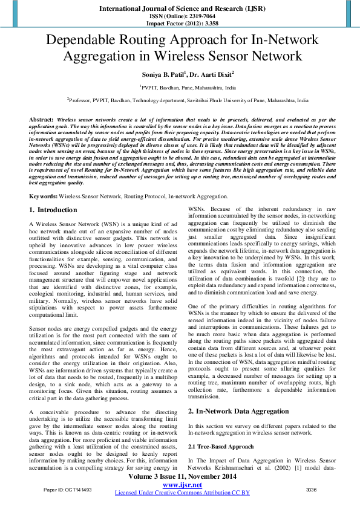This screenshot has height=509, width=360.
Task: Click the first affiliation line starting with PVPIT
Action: tap(179, 86)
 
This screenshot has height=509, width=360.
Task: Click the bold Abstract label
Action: tap(41, 120)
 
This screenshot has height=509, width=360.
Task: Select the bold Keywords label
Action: tap(43, 197)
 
